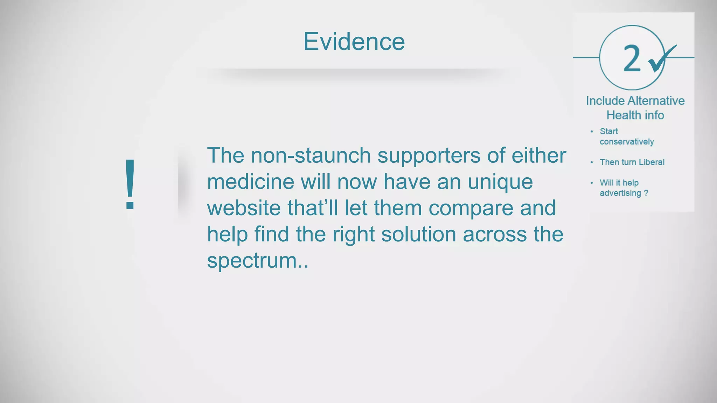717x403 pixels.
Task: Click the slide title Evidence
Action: click(354, 42)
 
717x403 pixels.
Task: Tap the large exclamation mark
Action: click(130, 184)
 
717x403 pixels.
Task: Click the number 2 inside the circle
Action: click(632, 59)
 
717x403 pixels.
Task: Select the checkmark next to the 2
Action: click(661, 59)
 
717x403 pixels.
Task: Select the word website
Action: click(244, 208)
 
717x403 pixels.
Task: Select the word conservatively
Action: click(627, 142)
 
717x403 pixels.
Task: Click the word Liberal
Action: click(652, 162)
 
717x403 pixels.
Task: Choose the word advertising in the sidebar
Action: click(620, 193)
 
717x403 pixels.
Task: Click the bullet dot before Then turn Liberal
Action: click(592, 162)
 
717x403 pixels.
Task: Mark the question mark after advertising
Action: click(646, 193)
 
